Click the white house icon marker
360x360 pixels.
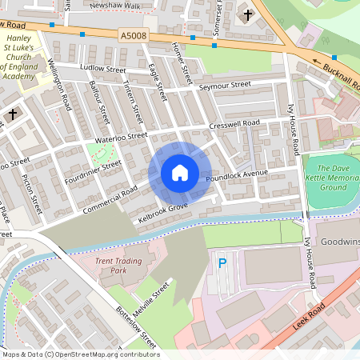[x=180, y=173]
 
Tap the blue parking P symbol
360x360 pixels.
[x=223, y=262]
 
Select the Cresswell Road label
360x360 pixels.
[x=235, y=123]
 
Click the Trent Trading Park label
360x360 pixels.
[x=117, y=266]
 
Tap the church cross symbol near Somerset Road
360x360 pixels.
[x=248, y=14]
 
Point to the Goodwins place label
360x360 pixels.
[x=339, y=242]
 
